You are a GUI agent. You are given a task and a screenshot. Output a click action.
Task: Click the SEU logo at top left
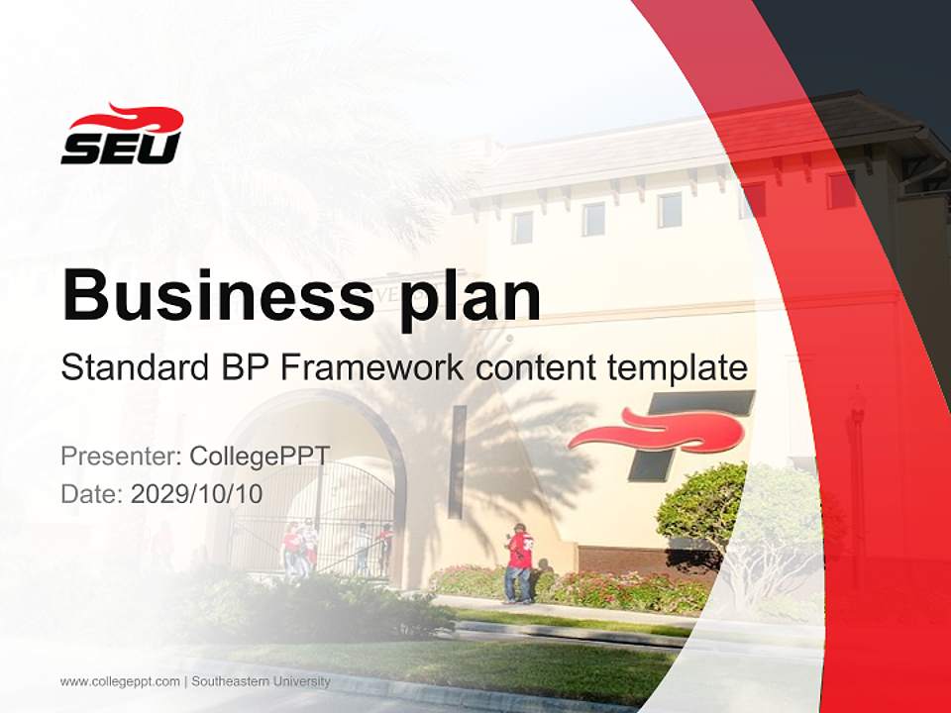point(122,136)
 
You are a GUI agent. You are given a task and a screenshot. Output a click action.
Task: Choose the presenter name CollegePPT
point(260,456)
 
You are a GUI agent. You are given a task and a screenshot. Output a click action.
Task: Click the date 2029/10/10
point(196,493)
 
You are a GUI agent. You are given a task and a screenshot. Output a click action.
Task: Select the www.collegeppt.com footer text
point(120,681)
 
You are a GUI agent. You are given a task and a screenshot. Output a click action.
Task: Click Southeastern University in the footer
point(261,681)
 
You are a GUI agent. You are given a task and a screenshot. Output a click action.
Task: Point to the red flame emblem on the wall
point(660,432)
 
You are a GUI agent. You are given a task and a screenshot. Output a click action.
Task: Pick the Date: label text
point(92,493)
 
